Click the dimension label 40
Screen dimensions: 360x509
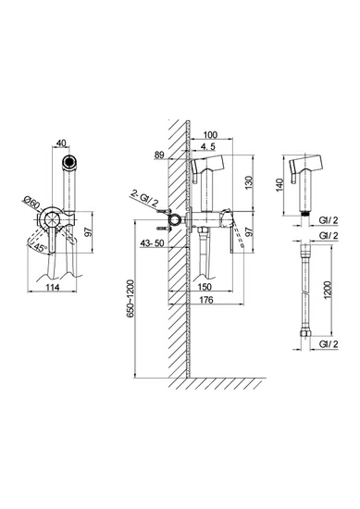click(61, 143)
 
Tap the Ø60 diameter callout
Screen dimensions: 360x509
click(31, 204)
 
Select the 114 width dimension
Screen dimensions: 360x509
click(52, 287)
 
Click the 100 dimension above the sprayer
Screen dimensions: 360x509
click(210, 135)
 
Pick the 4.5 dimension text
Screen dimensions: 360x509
click(207, 147)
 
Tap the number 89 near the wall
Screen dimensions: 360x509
click(159, 155)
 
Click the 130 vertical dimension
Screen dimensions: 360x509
click(249, 182)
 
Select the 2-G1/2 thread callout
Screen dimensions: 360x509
click(144, 198)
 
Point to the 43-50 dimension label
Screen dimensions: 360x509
click(152, 243)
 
